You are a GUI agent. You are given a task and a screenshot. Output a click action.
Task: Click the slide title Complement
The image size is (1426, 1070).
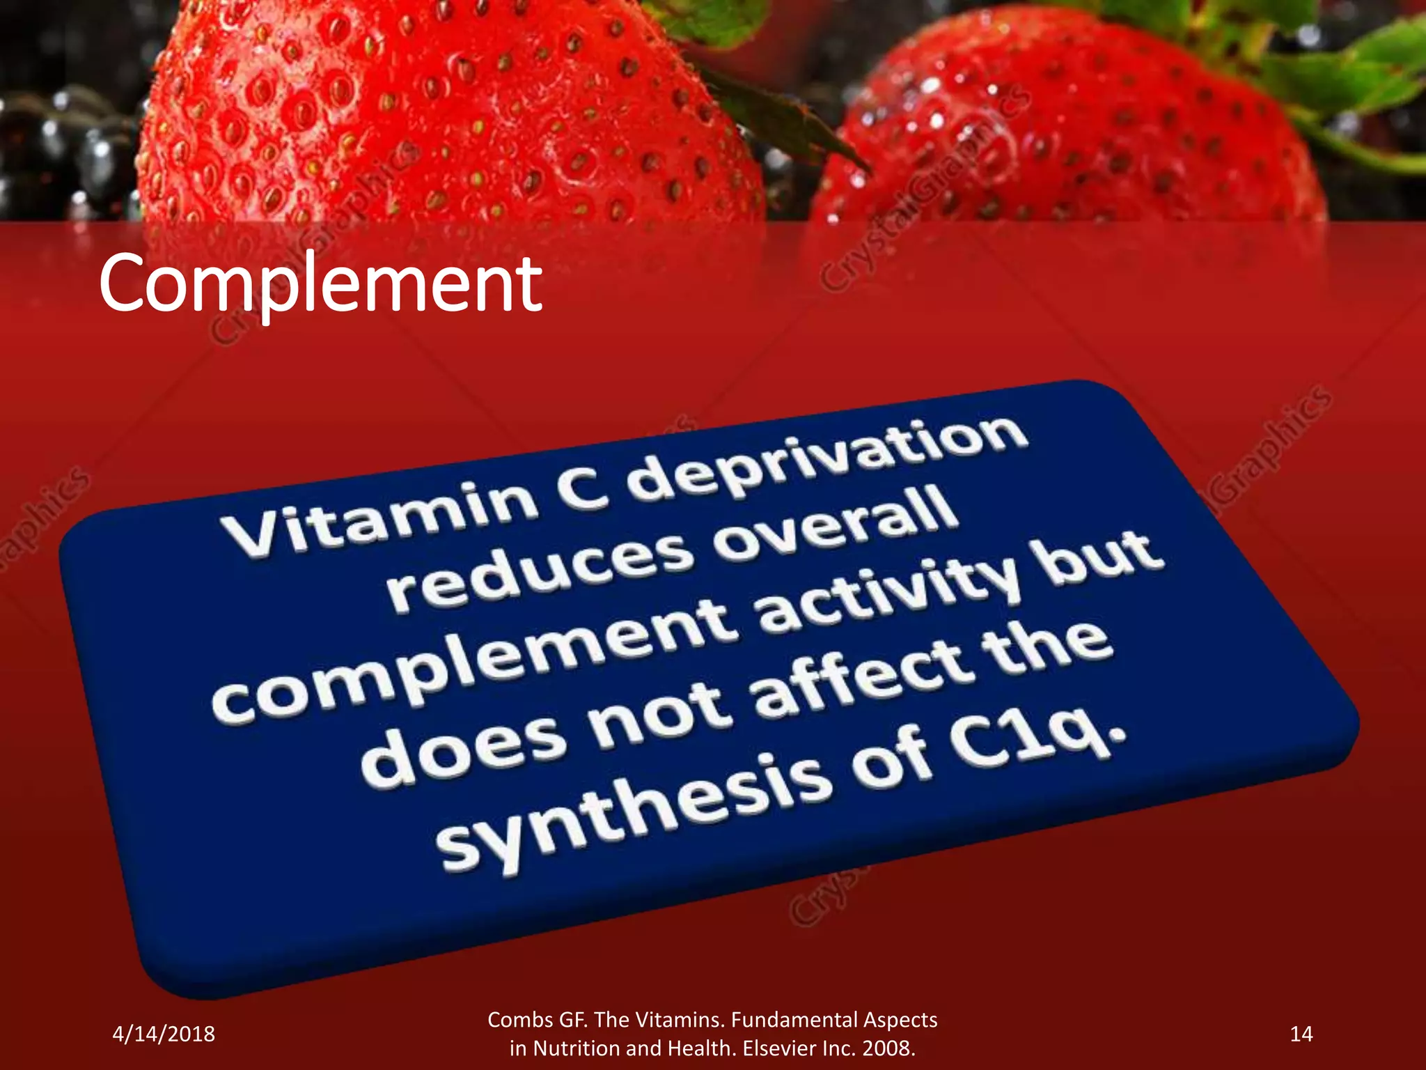click(320, 284)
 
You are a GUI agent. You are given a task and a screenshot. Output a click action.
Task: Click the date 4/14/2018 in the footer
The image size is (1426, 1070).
click(164, 1034)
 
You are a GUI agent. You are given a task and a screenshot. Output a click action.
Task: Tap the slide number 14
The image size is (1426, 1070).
click(1301, 1034)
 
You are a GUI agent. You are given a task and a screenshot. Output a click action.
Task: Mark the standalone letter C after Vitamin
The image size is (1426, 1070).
click(585, 488)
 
